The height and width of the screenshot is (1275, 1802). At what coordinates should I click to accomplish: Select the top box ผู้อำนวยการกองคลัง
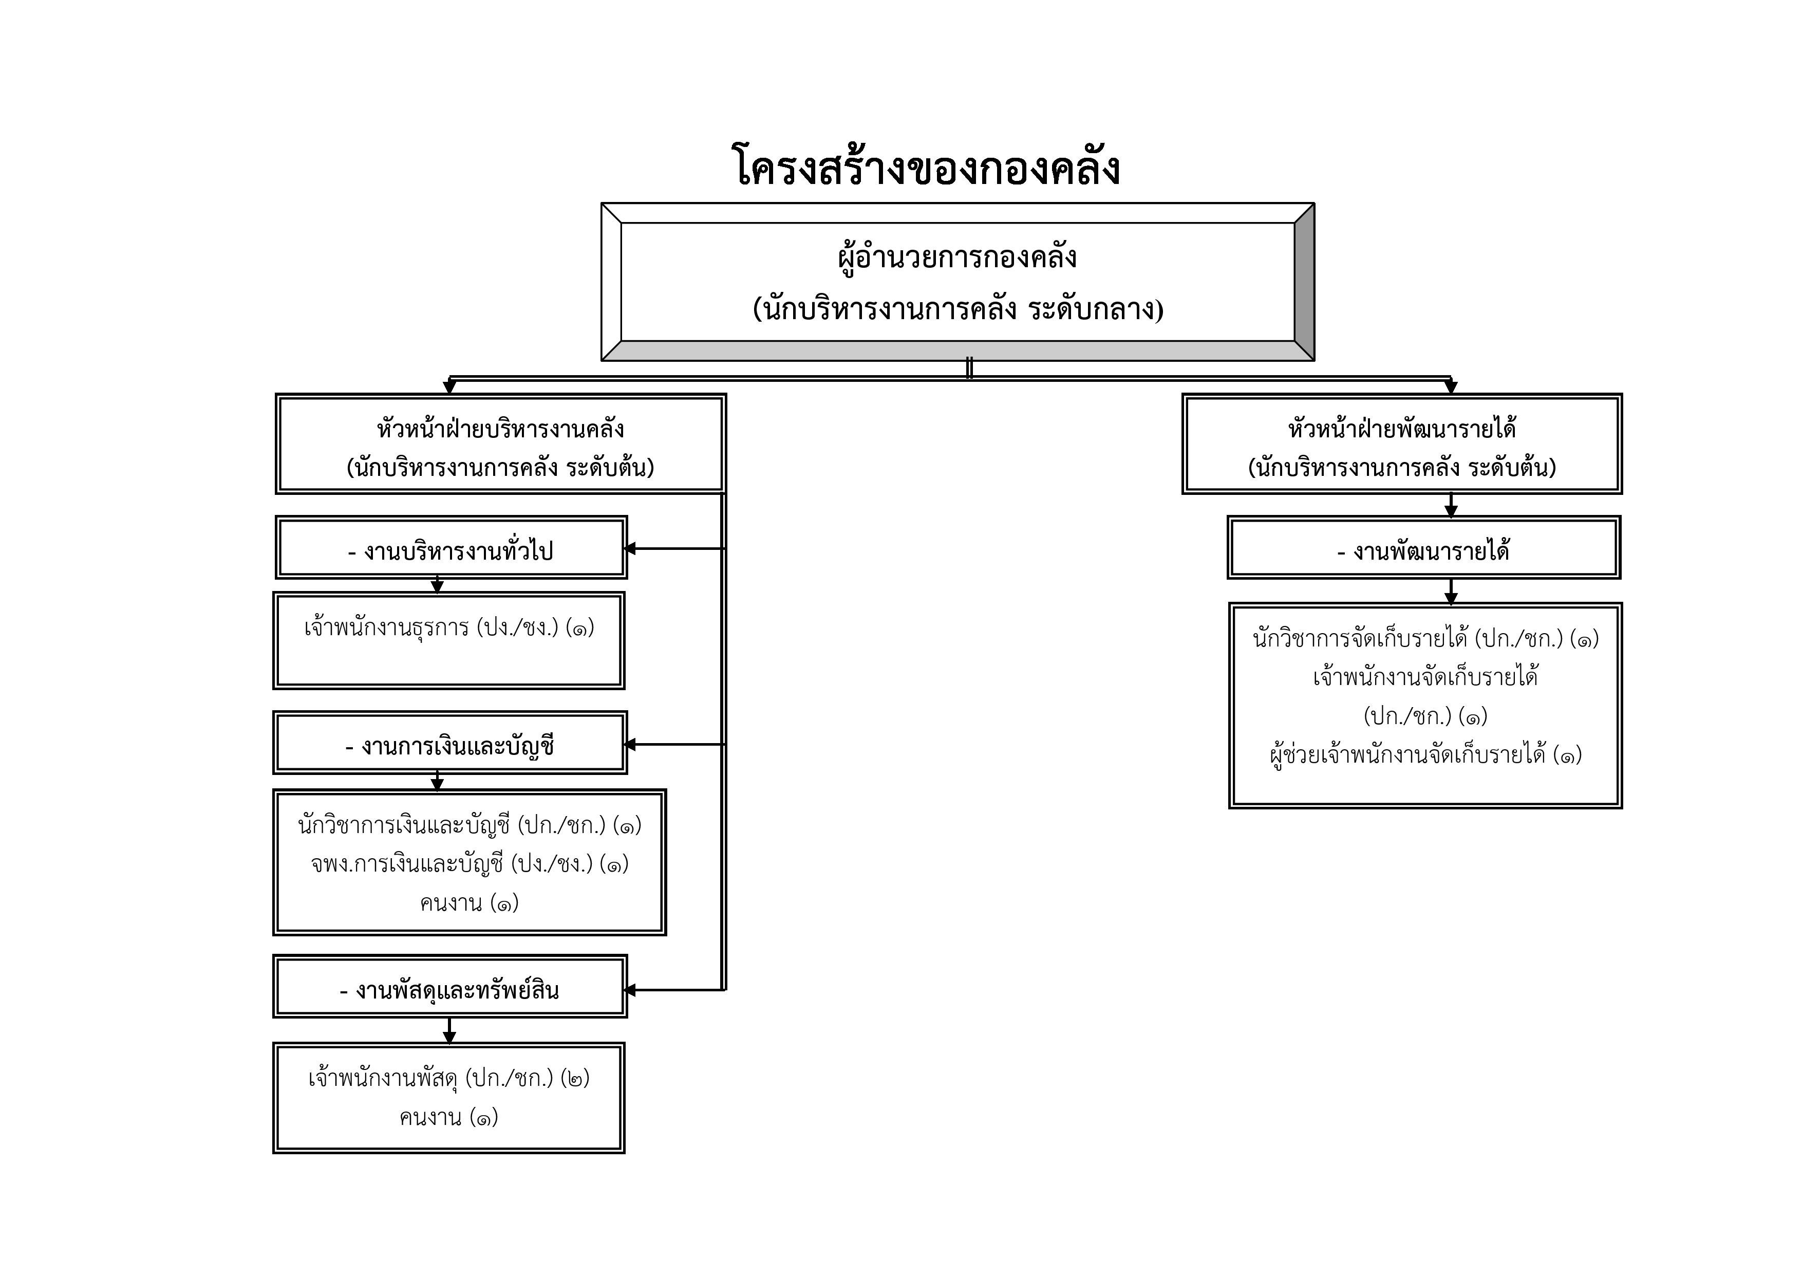[958, 282]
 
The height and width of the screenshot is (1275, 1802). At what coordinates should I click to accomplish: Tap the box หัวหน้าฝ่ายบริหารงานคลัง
[500, 445]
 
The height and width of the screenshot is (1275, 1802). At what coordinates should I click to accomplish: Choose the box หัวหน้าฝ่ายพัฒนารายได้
[1402, 445]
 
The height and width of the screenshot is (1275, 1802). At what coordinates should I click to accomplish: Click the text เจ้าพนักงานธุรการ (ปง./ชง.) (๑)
[449, 628]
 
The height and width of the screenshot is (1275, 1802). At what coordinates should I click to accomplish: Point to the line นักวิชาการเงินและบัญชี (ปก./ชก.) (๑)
[470, 825]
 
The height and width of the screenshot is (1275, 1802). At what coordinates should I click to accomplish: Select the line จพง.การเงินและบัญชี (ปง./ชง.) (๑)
[470, 864]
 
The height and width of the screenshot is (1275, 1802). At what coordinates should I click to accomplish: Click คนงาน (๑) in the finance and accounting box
[470, 903]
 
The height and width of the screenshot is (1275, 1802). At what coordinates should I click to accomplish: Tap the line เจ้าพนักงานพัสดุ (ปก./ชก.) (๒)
[449, 1079]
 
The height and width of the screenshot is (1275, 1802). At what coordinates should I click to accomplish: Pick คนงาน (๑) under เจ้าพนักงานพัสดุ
[449, 1117]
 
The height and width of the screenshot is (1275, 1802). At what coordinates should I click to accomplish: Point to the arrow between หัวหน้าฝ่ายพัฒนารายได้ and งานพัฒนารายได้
[1451, 505]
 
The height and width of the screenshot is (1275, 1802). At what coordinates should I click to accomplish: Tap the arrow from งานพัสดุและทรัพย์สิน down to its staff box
[449, 1031]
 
